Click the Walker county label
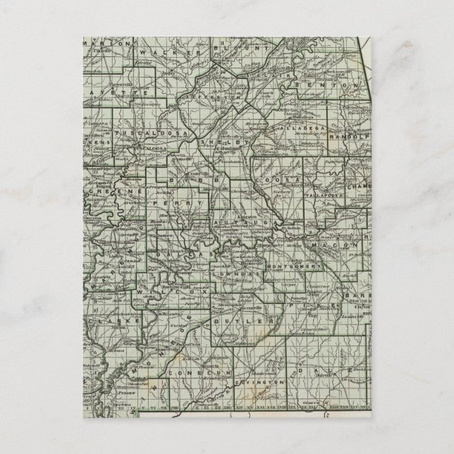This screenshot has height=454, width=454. (161, 51)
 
